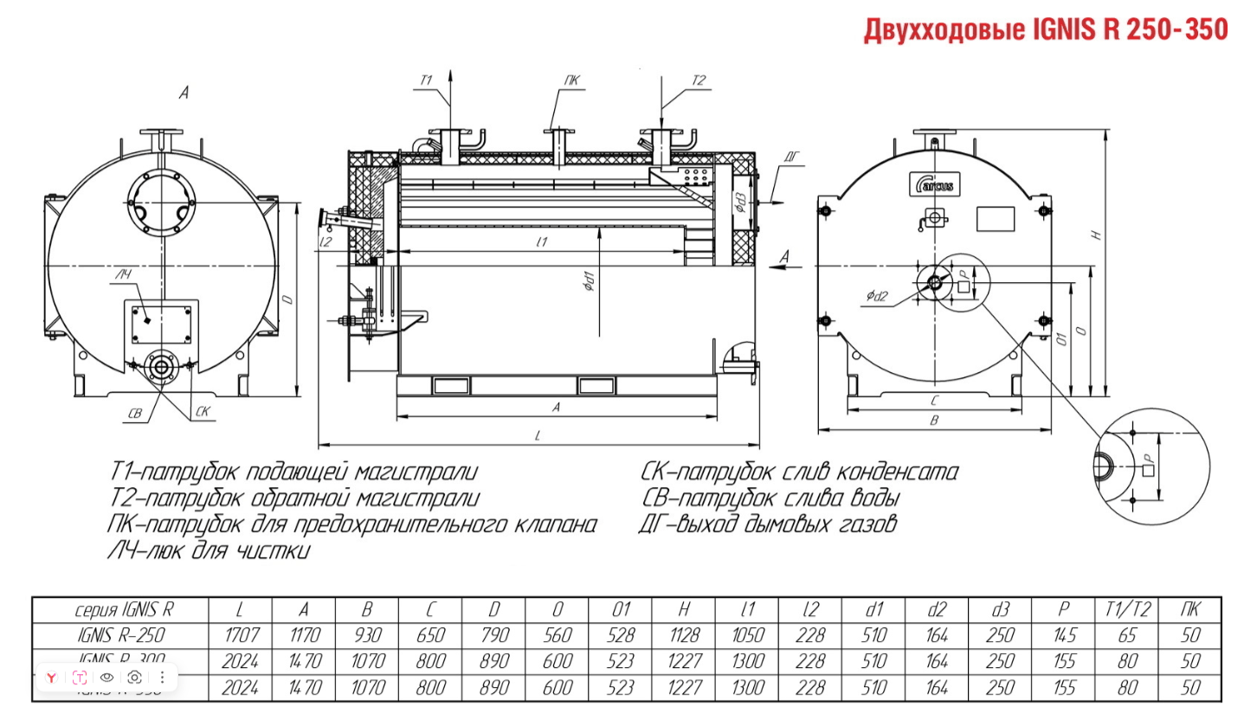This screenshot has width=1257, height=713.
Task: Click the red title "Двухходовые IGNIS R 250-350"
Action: (x=1045, y=29)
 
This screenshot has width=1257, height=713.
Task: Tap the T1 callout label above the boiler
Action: (x=426, y=80)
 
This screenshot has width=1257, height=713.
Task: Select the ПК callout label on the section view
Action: (x=572, y=81)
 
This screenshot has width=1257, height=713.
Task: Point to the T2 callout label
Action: (x=698, y=80)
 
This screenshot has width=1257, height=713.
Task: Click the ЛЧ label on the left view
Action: (x=123, y=275)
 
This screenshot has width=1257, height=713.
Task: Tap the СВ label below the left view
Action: (x=134, y=414)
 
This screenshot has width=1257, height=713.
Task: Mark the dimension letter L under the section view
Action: (x=538, y=437)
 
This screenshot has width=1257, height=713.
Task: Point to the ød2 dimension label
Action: (x=877, y=297)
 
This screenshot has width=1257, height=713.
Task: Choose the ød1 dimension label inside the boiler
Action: (x=588, y=282)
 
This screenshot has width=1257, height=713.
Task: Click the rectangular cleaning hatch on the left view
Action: (x=161, y=322)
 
